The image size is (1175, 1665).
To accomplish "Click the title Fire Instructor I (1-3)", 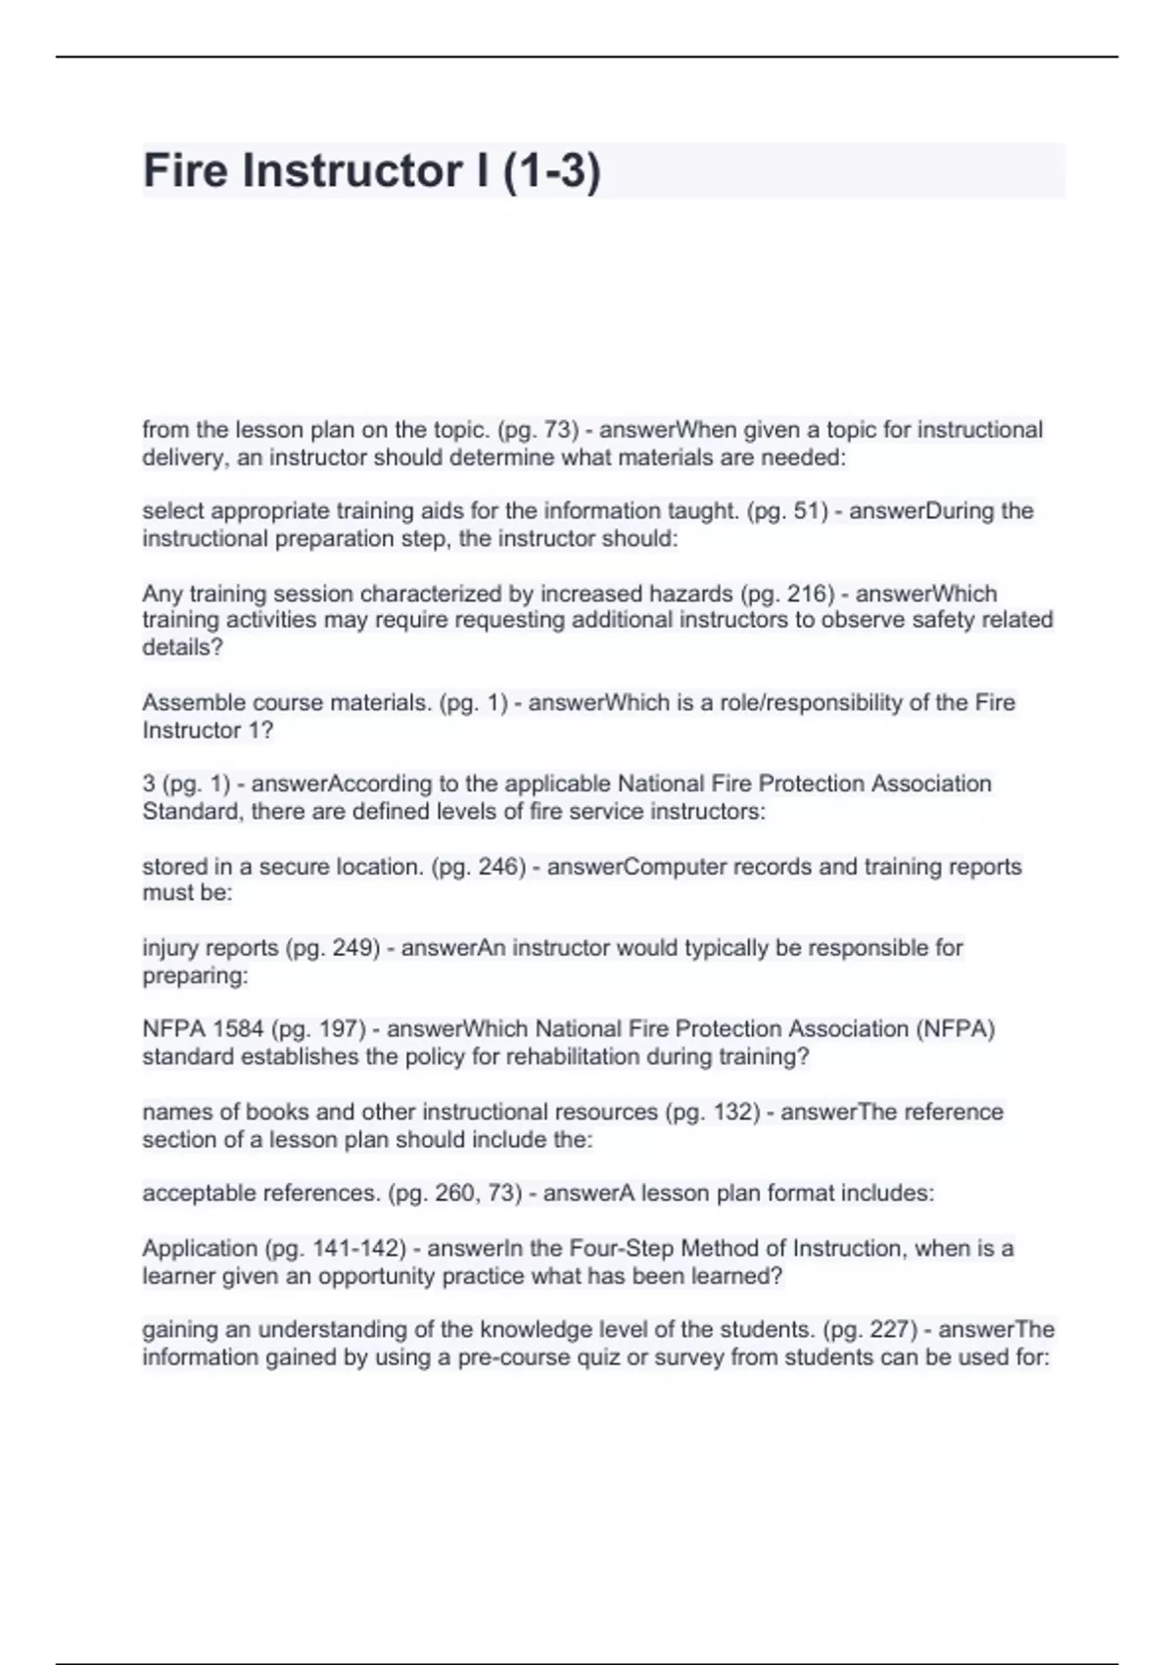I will [x=371, y=170].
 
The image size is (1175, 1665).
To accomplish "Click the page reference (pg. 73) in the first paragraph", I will [x=539, y=430].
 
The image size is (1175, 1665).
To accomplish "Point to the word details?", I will [x=183, y=647].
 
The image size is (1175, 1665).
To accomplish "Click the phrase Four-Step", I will [x=617, y=1249].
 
